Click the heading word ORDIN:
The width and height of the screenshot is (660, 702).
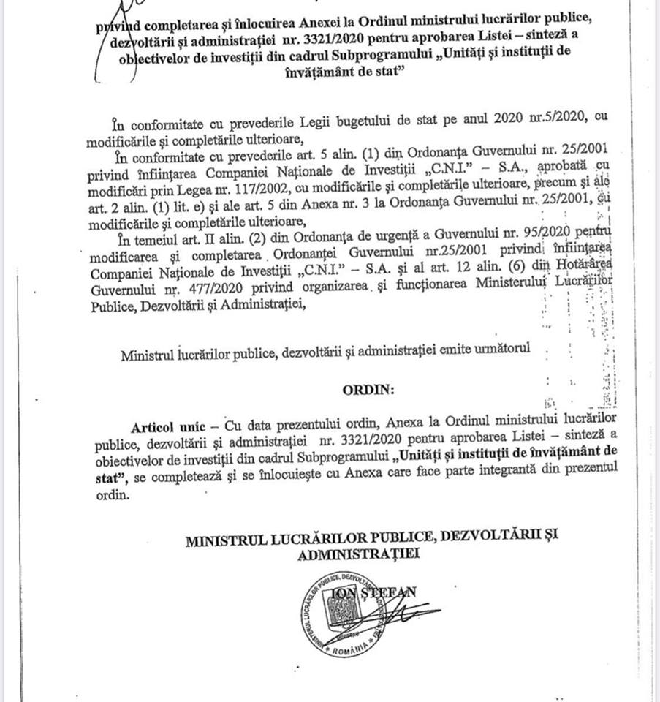tap(368, 390)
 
